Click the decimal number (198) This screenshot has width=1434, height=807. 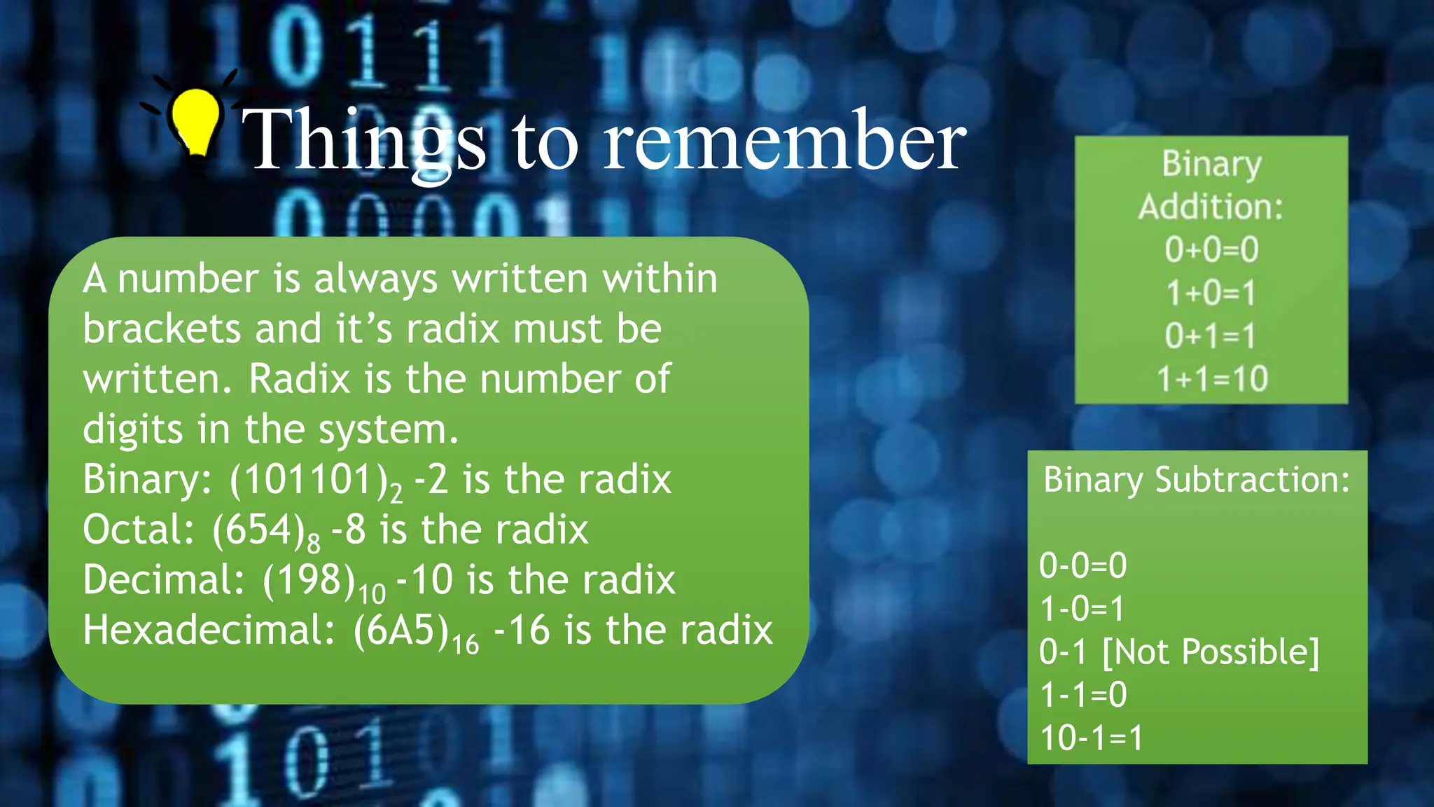(309, 581)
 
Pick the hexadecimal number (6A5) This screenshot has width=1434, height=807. (401, 630)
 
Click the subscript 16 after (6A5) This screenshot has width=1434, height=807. (465, 644)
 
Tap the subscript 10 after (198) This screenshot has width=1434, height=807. (372, 593)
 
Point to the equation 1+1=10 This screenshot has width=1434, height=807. (1212, 379)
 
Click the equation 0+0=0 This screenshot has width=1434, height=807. (1212, 249)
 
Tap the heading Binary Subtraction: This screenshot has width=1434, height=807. (1197, 481)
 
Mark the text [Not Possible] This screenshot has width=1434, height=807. (1211, 652)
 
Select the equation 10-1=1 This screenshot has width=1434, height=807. (1091, 738)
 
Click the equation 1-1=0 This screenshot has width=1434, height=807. (1083, 695)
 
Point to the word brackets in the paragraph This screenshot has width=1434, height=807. (162, 329)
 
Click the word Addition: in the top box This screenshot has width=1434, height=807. (1211, 207)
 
